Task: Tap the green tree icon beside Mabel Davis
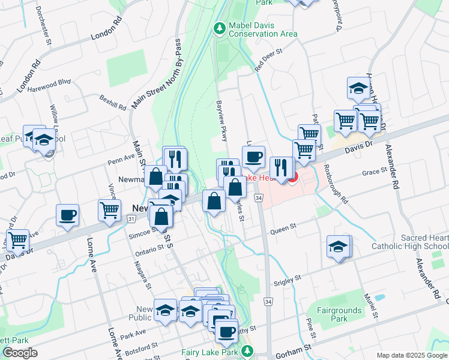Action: pos(220,28)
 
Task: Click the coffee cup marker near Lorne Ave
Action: pos(67,215)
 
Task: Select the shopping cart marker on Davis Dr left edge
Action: pos(17,240)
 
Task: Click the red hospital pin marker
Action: pos(292,178)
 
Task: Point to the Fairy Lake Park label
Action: pos(210,353)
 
